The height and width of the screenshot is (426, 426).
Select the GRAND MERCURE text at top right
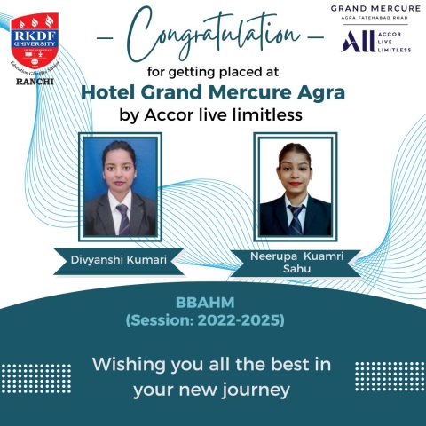[377, 9]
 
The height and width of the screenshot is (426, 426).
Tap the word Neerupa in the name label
[265, 255]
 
